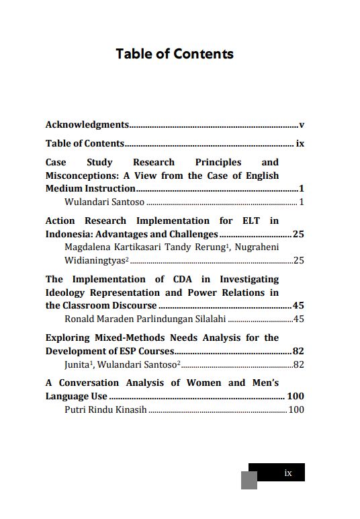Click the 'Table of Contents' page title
coord(175,54)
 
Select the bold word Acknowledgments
coord(87,124)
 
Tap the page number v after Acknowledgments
coord(302,124)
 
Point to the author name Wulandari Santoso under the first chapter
coord(104,202)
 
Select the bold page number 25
coord(299,234)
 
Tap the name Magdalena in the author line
coord(87,247)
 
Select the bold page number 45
coord(299,305)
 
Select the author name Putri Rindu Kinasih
coord(105,409)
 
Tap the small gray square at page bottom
coord(249,480)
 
